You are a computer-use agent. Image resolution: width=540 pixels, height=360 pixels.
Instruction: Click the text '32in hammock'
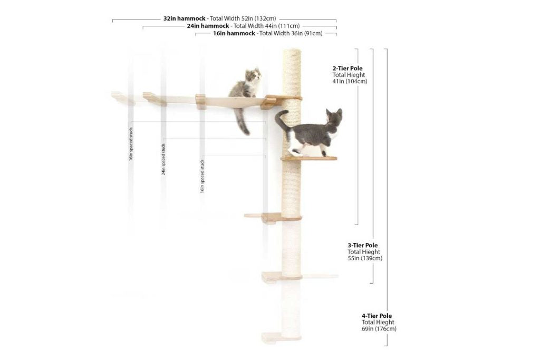(x=184, y=18)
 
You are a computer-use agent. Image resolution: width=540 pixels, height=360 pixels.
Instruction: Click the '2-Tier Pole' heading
(x=347, y=69)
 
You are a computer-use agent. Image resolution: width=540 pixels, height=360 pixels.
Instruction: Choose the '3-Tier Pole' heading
(x=362, y=245)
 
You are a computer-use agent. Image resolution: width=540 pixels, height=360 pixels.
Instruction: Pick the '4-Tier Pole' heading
(x=377, y=316)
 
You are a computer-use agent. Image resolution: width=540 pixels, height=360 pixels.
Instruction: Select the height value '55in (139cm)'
(x=365, y=258)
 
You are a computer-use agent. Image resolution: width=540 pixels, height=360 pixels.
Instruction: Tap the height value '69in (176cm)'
(x=379, y=329)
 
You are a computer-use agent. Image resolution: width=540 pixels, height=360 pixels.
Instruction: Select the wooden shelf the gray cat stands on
(x=308, y=158)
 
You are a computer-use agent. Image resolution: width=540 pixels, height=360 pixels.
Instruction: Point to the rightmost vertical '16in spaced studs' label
(x=202, y=176)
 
